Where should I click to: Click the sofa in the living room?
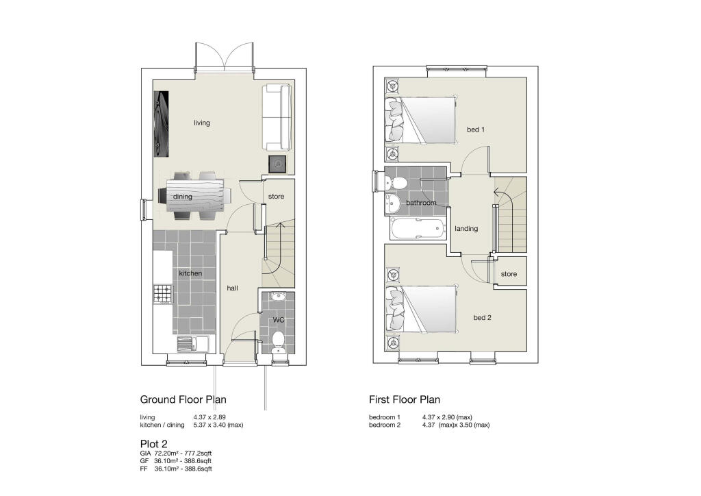click(277, 118)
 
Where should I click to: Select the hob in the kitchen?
click(162, 295)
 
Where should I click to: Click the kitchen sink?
click(192, 344)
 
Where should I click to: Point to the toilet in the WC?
click(278, 340)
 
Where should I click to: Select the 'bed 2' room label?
click(481, 317)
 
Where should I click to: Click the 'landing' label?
click(466, 229)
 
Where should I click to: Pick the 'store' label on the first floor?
click(509, 274)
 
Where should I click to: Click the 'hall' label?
click(232, 288)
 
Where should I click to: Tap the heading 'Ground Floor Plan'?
click(183, 399)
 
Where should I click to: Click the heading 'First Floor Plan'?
click(404, 399)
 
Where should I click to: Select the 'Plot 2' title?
click(153, 444)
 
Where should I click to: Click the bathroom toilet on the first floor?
click(396, 182)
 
